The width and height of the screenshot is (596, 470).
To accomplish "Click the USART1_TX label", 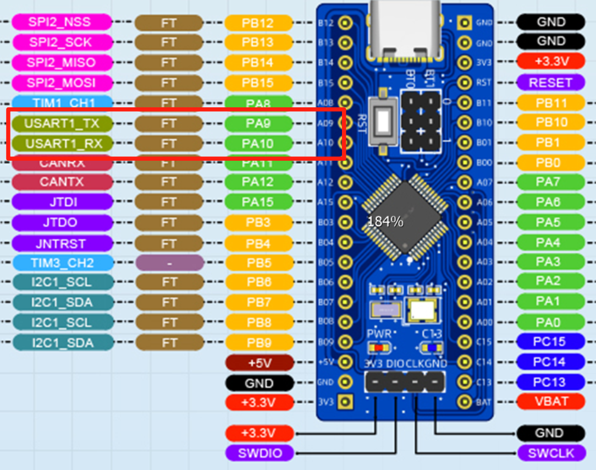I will click(62, 123).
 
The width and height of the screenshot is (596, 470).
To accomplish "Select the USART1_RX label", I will click(62, 144).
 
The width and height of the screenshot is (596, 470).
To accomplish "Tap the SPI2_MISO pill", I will click(62, 62).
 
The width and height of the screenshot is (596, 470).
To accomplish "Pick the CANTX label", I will click(62, 182).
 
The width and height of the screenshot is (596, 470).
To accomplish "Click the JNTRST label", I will click(62, 243).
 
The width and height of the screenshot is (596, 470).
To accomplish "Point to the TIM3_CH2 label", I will click(62, 263).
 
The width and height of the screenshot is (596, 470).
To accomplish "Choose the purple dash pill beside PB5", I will click(169, 263).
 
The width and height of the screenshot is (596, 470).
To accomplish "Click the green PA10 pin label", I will click(258, 144).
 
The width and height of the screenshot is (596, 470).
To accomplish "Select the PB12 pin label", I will click(258, 23).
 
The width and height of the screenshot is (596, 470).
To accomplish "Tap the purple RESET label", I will click(550, 83).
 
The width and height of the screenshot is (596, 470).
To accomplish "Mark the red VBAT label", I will click(550, 401).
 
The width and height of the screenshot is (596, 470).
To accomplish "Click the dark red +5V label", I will click(258, 363).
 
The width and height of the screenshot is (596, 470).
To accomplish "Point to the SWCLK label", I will click(550, 453).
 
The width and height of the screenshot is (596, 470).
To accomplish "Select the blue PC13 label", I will click(550, 381).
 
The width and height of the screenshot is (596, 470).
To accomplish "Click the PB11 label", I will click(550, 103).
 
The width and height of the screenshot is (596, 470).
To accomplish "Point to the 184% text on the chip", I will click(385, 222).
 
